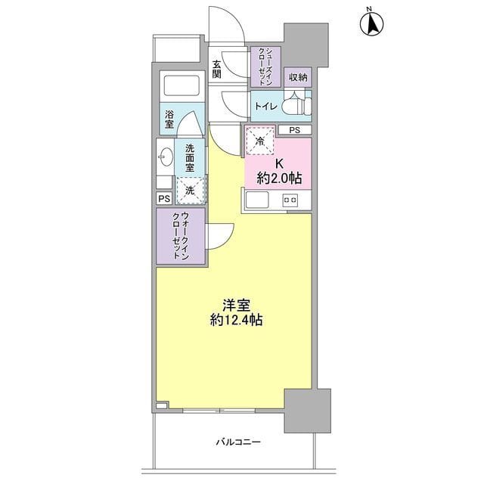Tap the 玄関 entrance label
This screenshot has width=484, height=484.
click(217, 69)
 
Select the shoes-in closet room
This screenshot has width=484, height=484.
click(265, 65)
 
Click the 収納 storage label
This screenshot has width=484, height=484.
click(297, 76)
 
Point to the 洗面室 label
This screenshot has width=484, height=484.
click(190, 156)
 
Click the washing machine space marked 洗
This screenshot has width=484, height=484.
click(190, 191)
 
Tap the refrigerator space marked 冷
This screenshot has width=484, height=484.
click(260, 141)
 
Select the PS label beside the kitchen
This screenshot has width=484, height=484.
click(293, 130)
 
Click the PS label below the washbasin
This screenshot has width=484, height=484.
click(164, 198)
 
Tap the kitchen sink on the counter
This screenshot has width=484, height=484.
click(256, 200)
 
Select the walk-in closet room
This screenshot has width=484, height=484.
click(181, 236)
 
